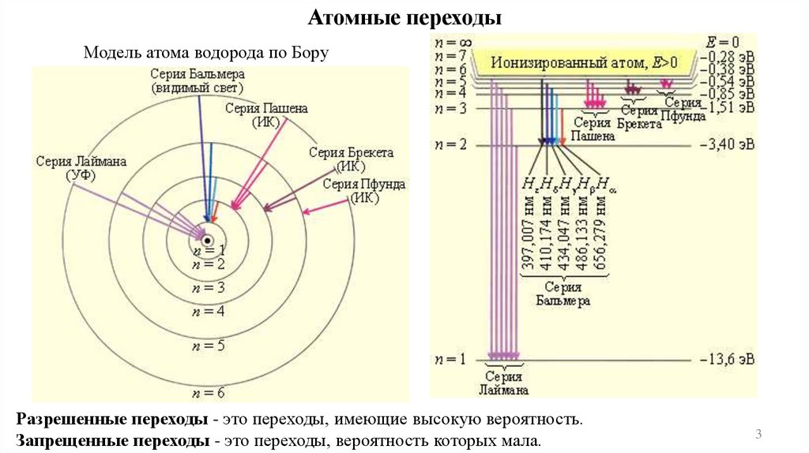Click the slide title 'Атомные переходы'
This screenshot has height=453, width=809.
pos(404,18)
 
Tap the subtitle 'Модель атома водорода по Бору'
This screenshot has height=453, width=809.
pos(205,53)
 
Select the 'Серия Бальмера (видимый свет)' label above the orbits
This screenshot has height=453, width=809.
pos(198,80)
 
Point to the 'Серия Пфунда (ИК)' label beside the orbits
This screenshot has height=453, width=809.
pos(364,190)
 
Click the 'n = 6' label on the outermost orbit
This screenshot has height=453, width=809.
pos(208,392)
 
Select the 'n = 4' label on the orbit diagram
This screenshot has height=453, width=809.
pos(208,312)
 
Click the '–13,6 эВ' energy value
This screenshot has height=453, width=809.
pos(727,359)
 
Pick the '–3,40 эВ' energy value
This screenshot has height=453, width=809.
pos(727,144)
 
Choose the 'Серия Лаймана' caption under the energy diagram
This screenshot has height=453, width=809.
pos(502,382)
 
